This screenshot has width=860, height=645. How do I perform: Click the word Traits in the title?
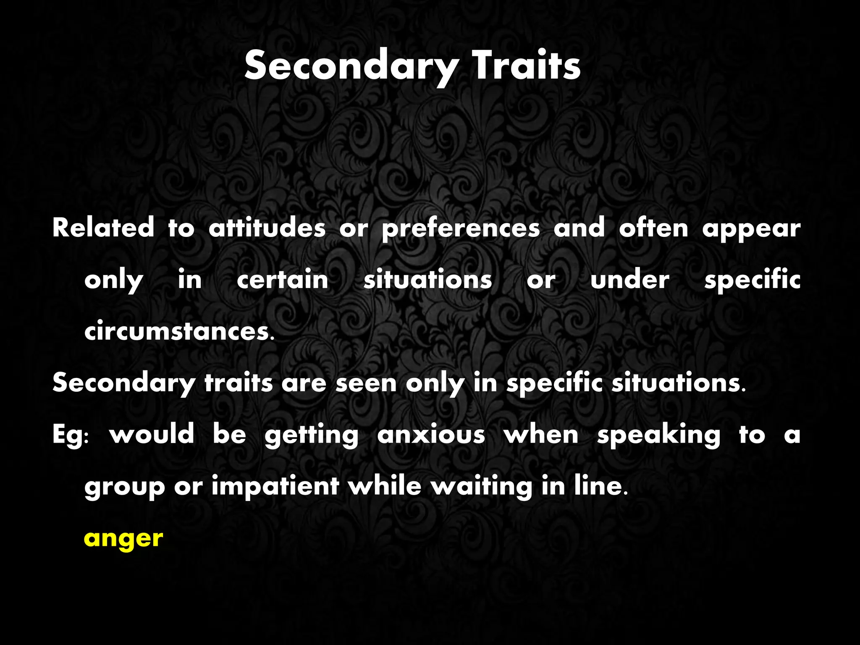[x=527, y=66]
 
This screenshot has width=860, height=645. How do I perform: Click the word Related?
[x=103, y=228]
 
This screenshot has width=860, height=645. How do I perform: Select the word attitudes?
[x=267, y=228]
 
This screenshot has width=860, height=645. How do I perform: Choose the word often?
[x=653, y=228]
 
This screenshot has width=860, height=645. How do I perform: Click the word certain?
[x=283, y=280]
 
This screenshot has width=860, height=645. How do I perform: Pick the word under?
[x=630, y=280]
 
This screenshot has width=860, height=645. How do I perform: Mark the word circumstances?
[x=179, y=331]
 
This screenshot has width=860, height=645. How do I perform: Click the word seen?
[x=366, y=383]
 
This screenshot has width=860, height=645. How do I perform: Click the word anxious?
[x=431, y=434]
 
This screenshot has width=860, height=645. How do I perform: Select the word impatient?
[x=275, y=486]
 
